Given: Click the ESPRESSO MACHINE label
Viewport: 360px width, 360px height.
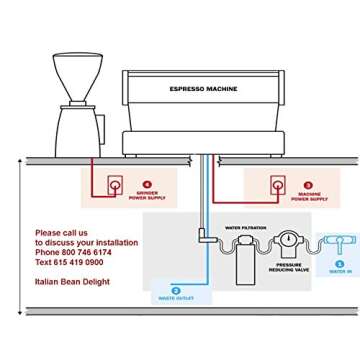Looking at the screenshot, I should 203,88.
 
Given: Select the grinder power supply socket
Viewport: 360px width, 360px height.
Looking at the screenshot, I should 115,185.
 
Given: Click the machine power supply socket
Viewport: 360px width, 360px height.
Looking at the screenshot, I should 277,185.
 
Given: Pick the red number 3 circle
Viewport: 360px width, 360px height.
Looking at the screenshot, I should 307,185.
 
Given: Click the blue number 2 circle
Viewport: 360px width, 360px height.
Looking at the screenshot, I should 176,289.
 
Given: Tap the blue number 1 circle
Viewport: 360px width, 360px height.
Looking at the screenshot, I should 339,264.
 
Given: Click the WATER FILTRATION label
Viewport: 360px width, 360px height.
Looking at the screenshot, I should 245,228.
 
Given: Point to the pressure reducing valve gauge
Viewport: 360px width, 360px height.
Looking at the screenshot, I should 287,241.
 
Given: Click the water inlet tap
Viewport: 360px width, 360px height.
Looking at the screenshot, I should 339,242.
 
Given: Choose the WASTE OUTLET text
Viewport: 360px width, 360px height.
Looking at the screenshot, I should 167,298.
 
